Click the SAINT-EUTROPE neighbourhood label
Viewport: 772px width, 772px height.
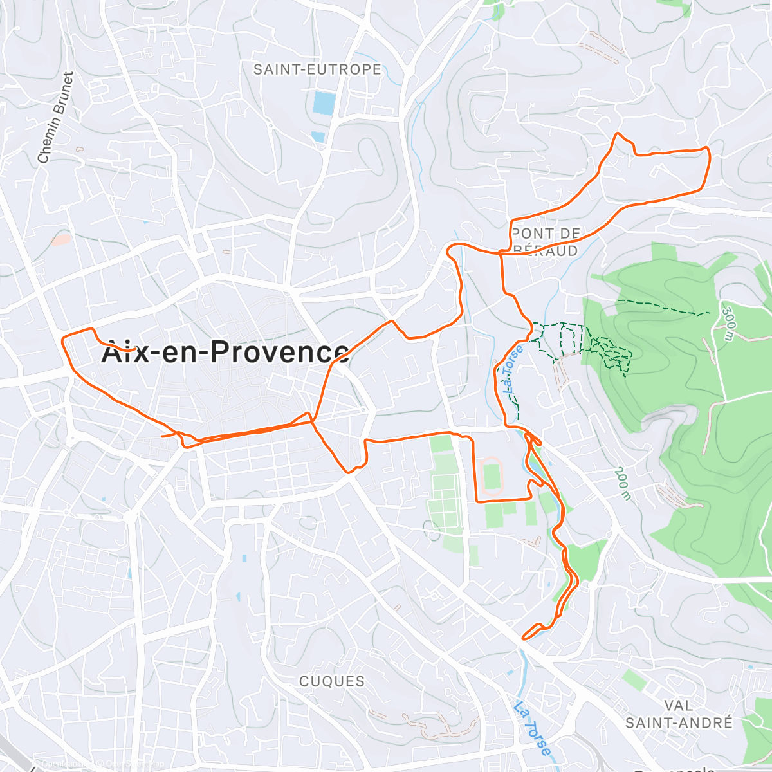(x=317, y=69)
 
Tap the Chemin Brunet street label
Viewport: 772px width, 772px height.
(x=55, y=118)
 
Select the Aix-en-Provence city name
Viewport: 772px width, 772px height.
(x=225, y=352)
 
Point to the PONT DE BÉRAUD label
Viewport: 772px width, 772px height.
(x=546, y=242)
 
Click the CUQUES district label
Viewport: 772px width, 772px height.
(x=332, y=681)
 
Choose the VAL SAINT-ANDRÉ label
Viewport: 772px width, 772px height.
(x=679, y=714)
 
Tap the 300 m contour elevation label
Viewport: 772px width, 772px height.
(x=728, y=323)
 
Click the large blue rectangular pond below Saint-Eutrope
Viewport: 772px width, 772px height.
(x=324, y=104)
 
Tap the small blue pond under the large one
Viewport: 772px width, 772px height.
(x=317, y=136)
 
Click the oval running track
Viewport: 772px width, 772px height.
(x=492, y=477)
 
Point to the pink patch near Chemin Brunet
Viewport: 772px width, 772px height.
(x=61, y=239)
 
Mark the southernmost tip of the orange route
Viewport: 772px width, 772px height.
(x=524, y=639)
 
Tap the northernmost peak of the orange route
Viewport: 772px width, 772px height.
(x=618, y=134)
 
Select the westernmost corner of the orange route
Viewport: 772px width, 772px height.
(x=62, y=338)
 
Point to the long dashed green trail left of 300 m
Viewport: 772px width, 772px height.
(x=663, y=308)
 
